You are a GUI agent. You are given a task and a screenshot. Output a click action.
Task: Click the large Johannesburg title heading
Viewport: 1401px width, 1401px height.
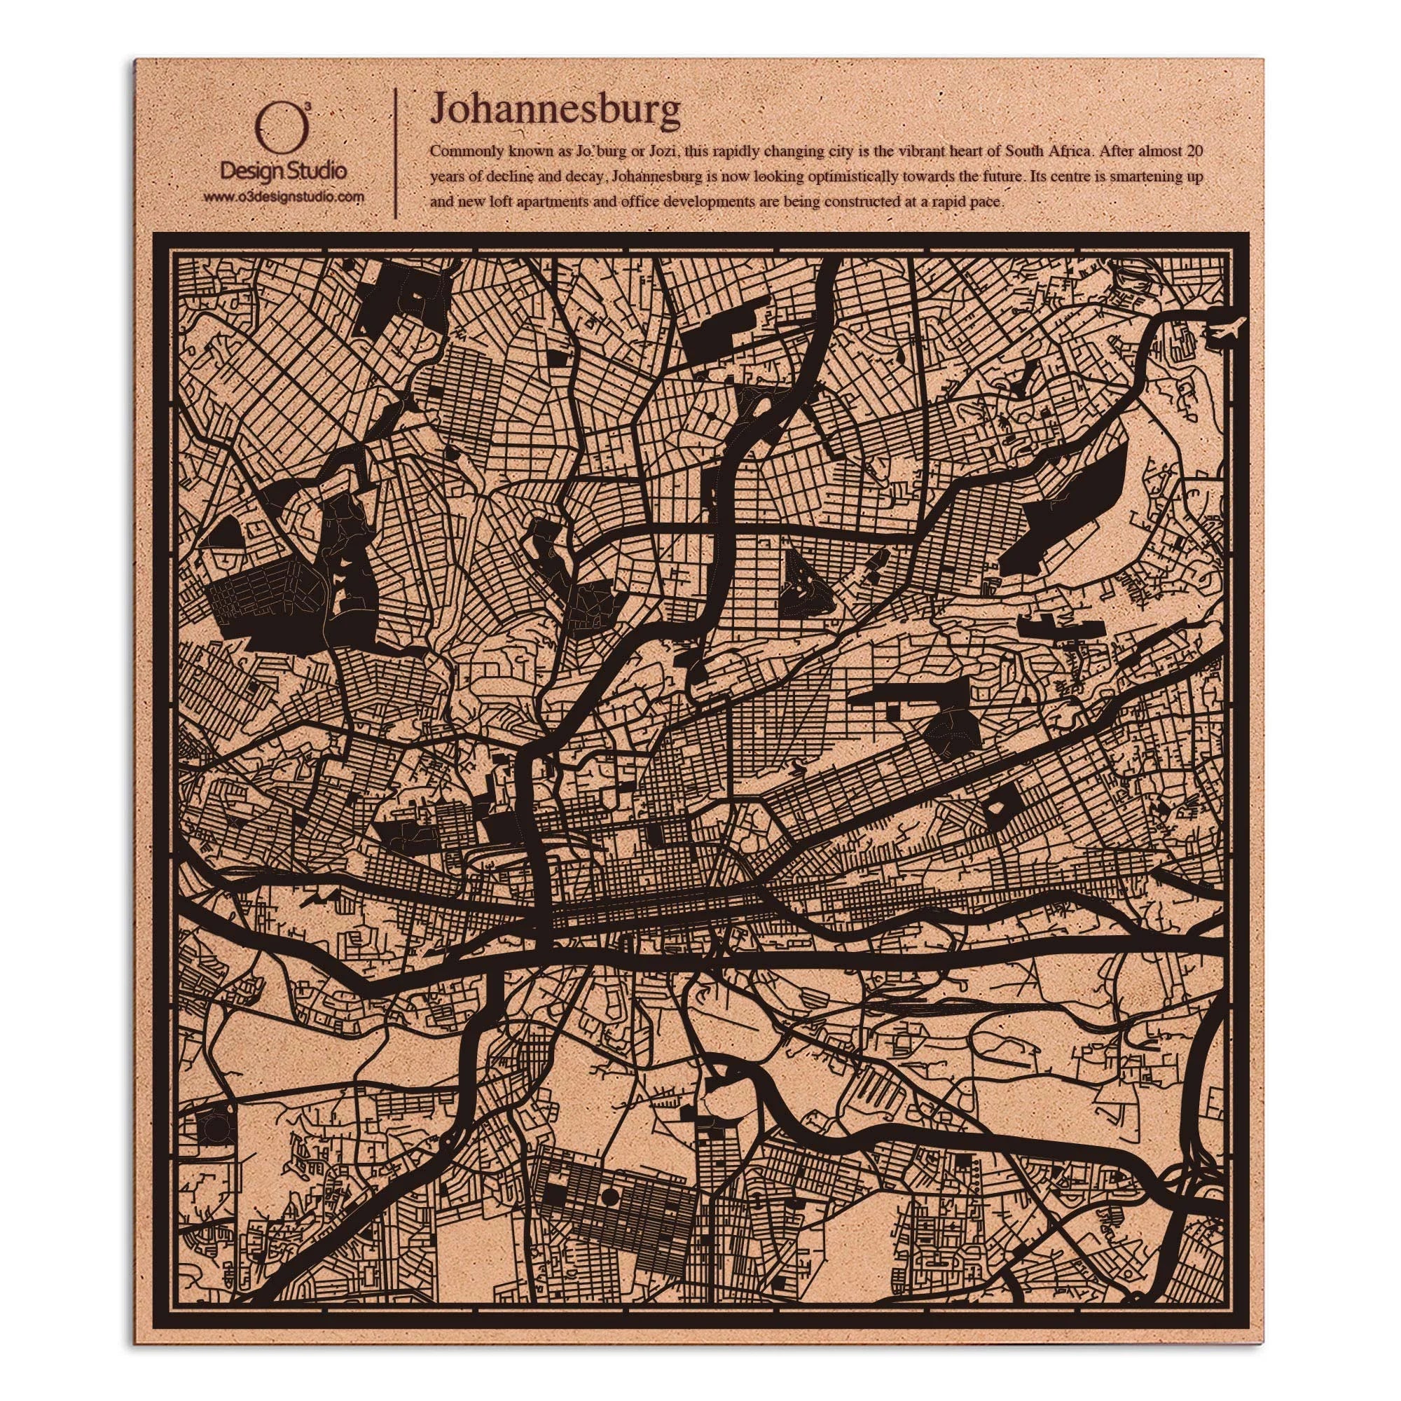[x=555, y=109]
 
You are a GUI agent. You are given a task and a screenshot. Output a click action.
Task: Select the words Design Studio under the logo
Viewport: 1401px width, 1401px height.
[x=283, y=171]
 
